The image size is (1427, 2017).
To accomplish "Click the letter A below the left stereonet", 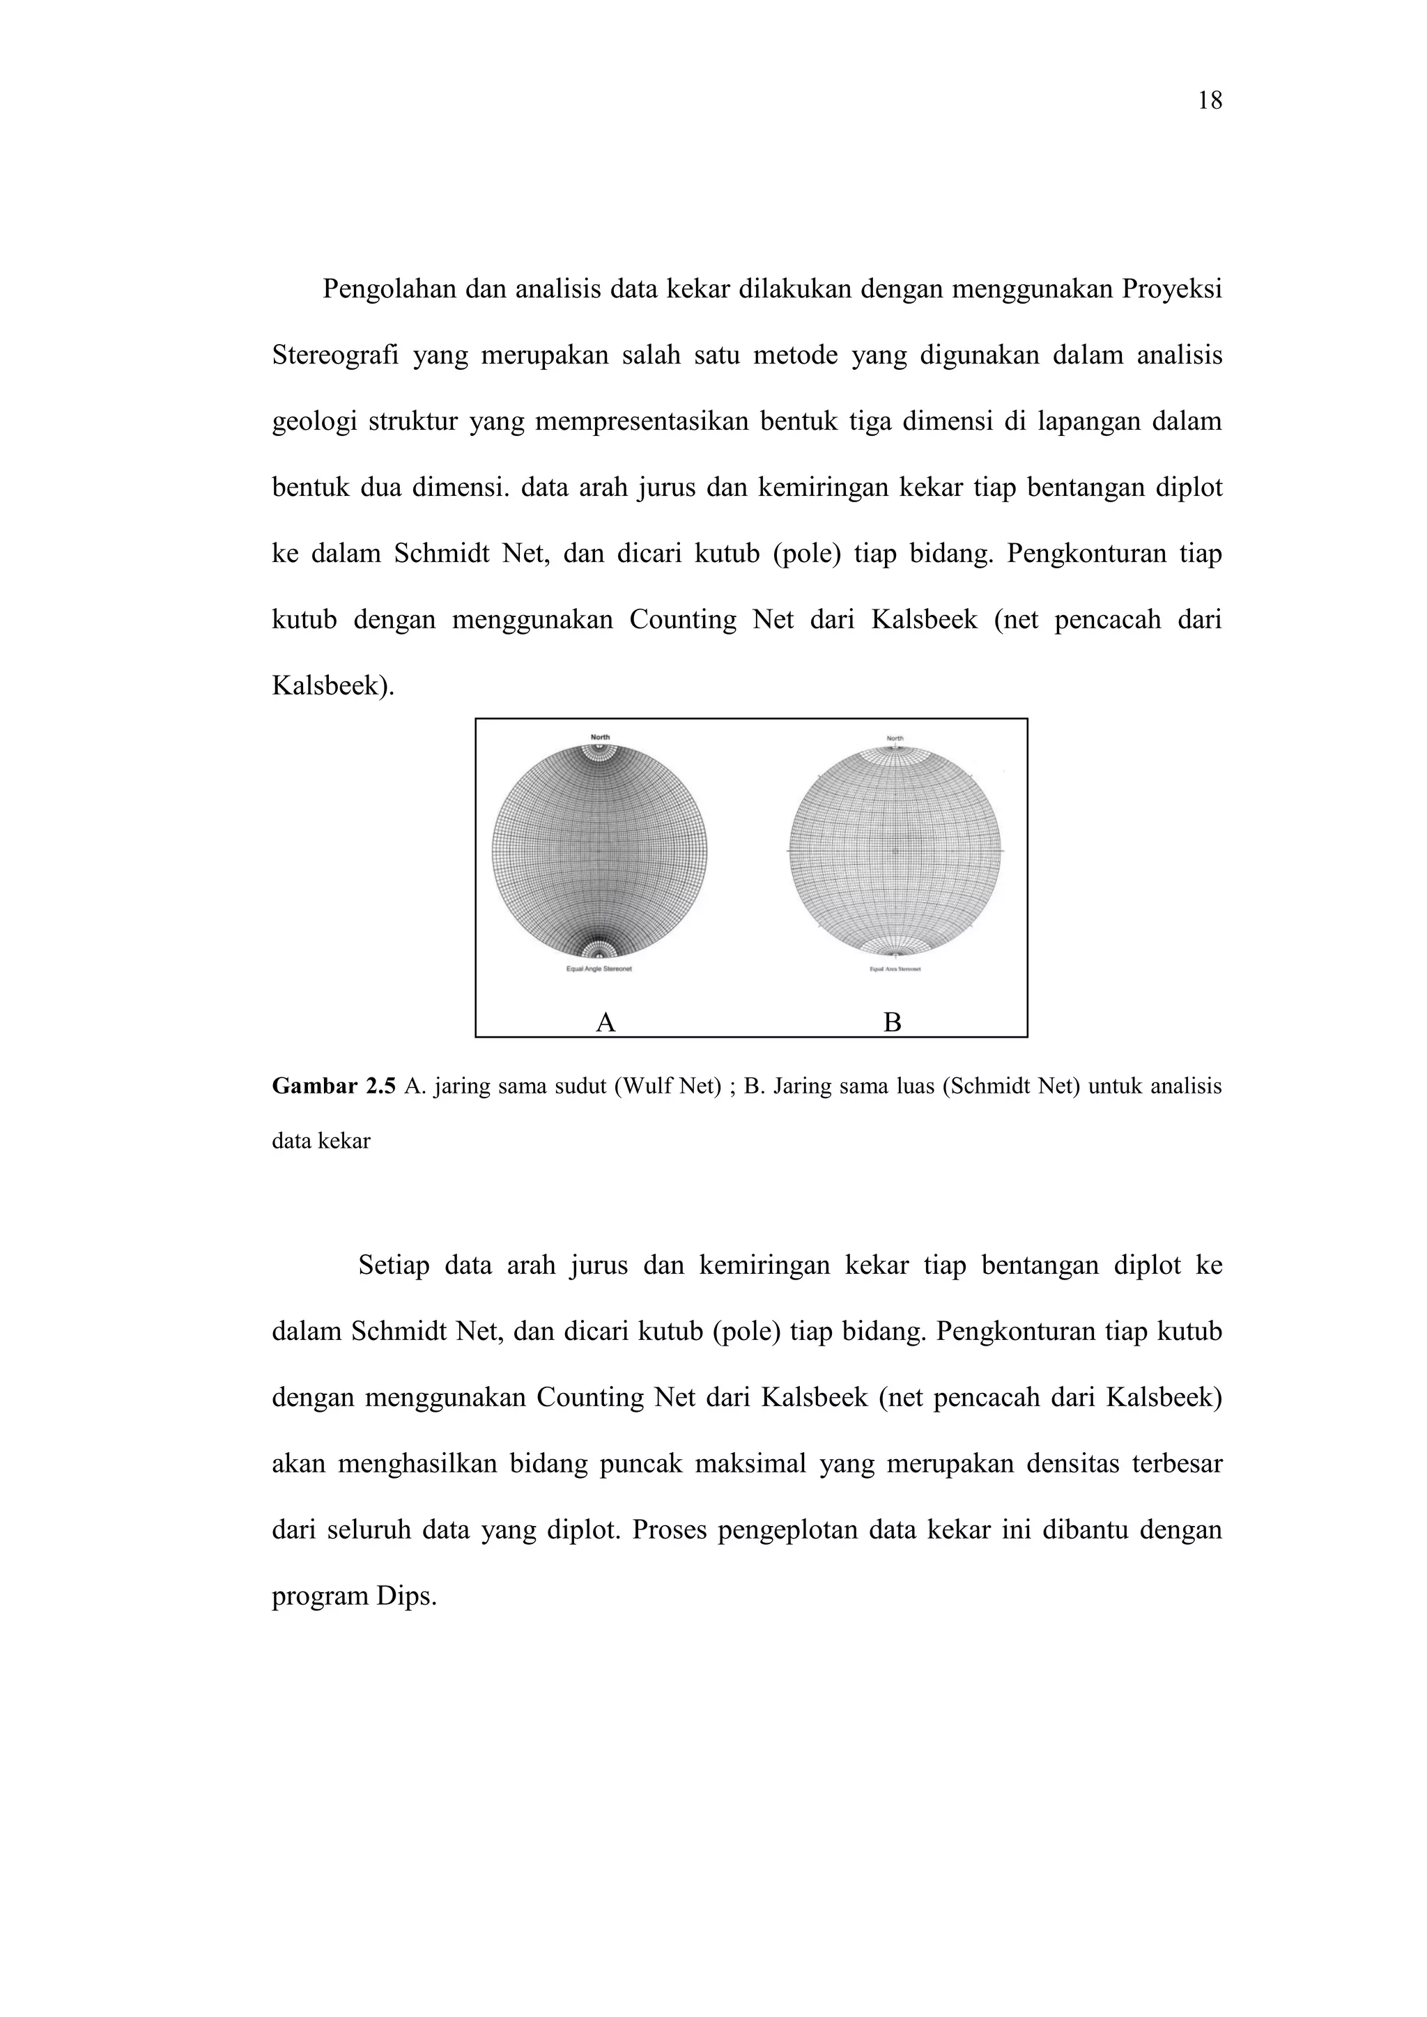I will click(605, 1022).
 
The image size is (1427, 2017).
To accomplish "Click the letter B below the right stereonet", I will click(892, 1022).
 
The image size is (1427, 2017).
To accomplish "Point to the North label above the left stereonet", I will click(599, 737).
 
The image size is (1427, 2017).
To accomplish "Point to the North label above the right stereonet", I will click(895, 739).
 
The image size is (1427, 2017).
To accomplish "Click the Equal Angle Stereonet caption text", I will click(599, 970).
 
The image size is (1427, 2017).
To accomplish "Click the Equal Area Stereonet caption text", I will click(895, 970).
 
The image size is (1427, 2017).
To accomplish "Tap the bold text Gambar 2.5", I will click(334, 1087).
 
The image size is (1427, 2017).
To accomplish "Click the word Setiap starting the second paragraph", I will click(394, 1266).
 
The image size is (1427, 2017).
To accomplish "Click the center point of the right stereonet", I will click(895, 851).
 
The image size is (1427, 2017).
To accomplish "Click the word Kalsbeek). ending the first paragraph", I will click(333, 686).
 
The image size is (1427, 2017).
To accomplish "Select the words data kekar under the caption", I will click(321, 1141).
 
